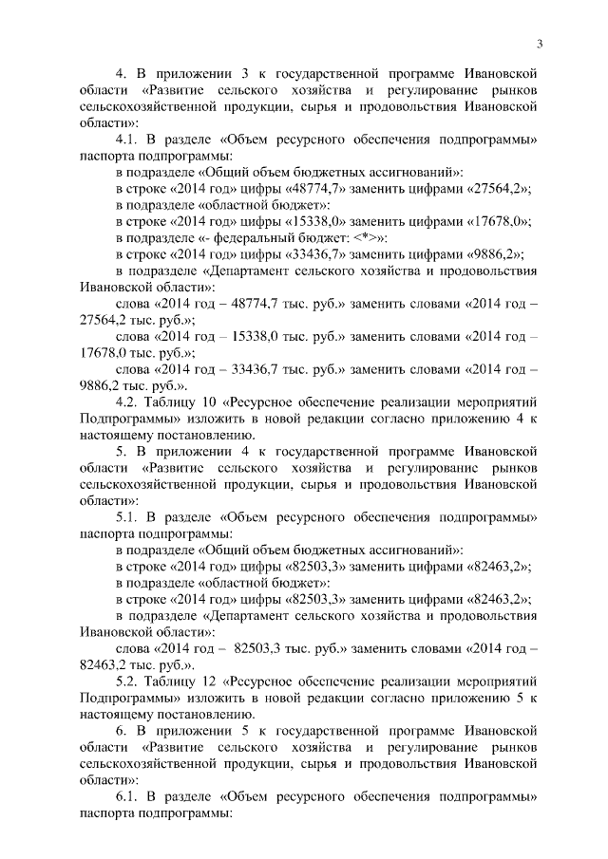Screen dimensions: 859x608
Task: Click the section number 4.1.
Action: coord(126,139)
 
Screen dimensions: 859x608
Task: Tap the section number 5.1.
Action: coord(126,517)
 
